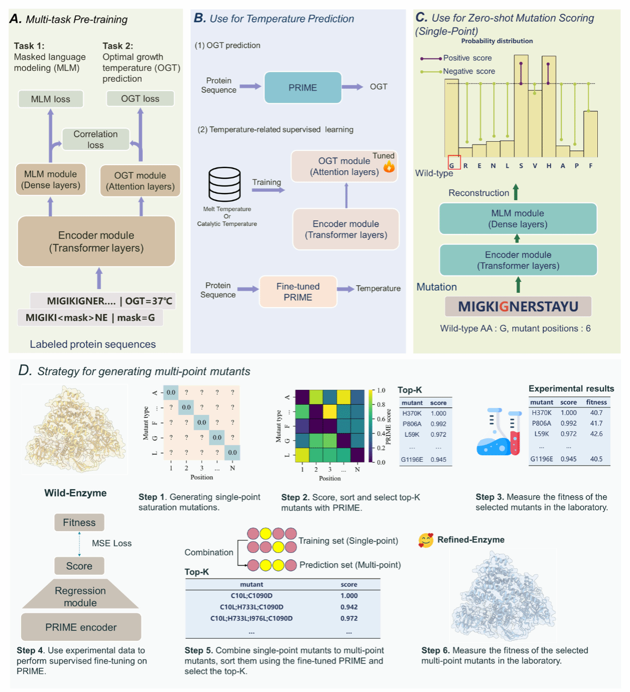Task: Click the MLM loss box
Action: click(51, 99)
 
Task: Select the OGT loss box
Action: click(140, 98)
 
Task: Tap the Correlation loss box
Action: click(95, 140)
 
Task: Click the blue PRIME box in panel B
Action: click(302, 87)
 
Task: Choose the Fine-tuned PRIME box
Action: click(298, 292)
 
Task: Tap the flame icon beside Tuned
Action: click(389, 167)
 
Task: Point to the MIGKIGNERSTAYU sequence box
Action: click(518, 306)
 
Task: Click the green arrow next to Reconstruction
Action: click(516, 192)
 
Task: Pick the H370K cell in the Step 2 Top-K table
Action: click(412, 413)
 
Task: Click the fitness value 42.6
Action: click(596, 434)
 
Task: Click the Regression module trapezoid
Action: click(80, 595)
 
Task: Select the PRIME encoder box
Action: click(81, 627)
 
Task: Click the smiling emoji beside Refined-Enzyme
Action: click(426, 540)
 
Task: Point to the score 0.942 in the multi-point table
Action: click(349, 607)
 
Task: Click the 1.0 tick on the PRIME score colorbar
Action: click(381, 390)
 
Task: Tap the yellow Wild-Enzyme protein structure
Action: click(74, 431)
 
